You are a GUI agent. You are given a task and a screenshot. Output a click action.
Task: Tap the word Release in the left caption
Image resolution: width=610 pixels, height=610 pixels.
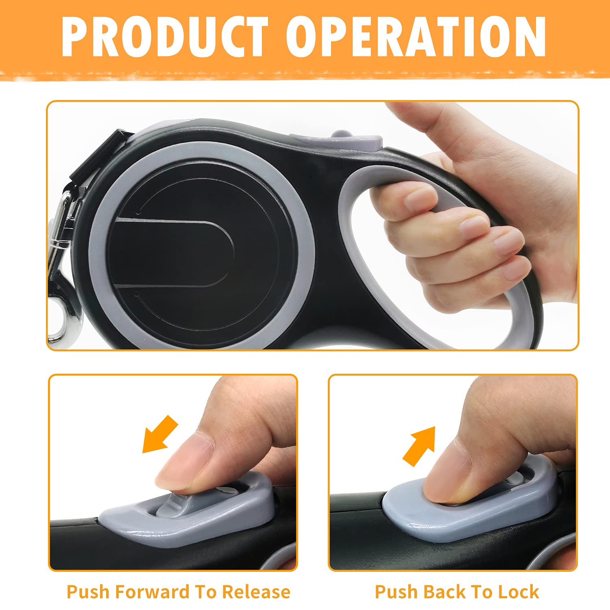[256, 592]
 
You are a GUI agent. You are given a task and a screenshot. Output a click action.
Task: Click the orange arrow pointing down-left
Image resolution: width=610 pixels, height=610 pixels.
[160, 434]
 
